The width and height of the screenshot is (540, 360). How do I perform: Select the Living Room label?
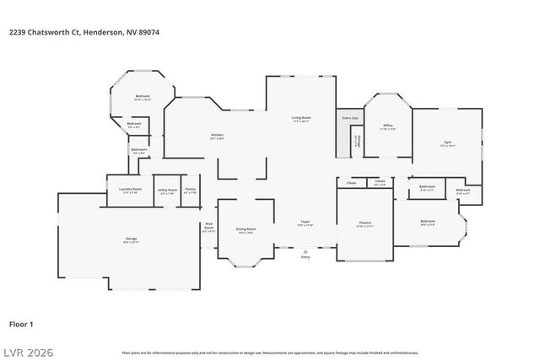tap(301, 117)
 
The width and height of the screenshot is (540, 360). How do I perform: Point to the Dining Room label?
tap(246, 229)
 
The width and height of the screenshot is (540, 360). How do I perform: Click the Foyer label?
tap(305, 223)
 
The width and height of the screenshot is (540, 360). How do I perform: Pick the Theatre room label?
tap(364, 223)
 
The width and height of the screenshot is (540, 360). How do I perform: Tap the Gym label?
tap(447, 142)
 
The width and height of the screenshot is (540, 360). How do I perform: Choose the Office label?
tap(388, 125)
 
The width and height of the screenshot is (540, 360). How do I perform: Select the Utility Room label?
tap(167, 190)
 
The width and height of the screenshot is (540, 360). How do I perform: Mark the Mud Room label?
tap(208, 226)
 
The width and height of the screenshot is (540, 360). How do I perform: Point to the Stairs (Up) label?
tap(348, 117)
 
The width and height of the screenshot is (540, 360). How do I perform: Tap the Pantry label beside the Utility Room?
tap(190, 189)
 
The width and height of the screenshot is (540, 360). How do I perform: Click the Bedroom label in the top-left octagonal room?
tap(143, 96)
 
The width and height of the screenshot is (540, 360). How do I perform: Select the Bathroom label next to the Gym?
tap(427, 186)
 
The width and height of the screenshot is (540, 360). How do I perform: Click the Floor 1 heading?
tap(21, 324)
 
